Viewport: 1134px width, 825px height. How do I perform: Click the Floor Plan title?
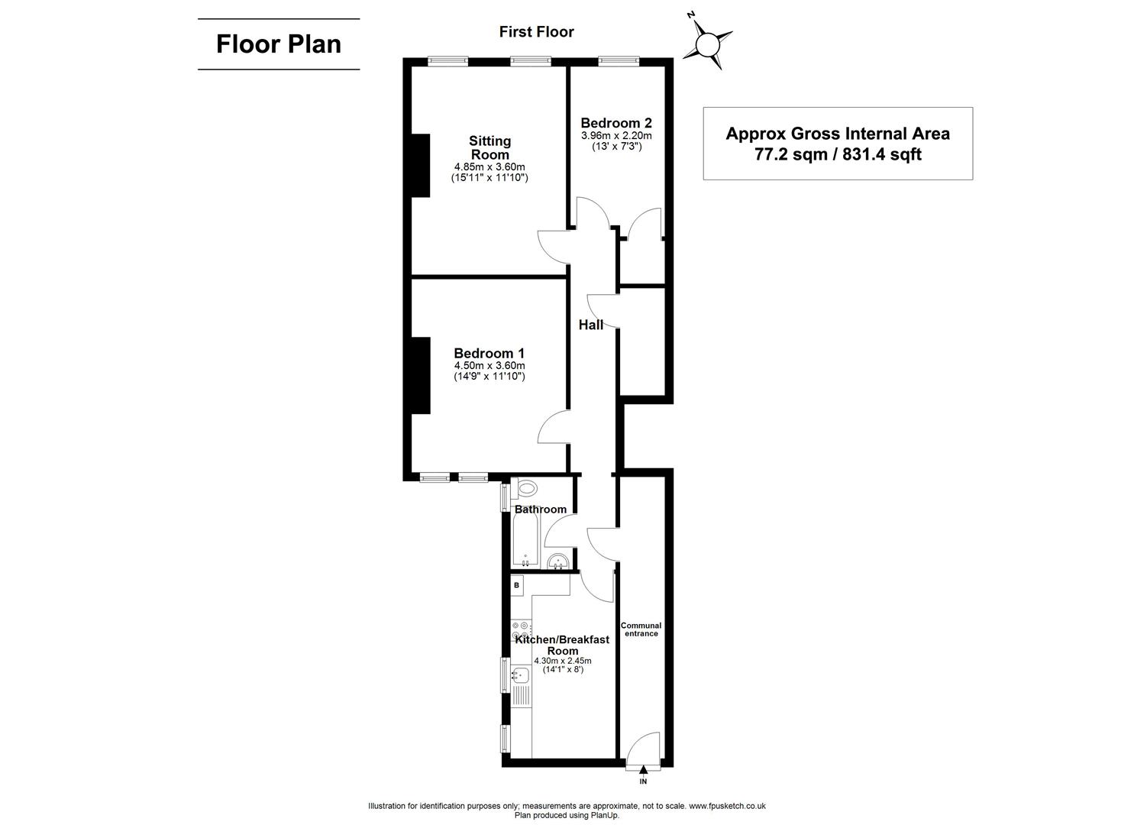click(x=279, y=44)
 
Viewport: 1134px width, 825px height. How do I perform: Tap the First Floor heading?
click(x=536, y=31)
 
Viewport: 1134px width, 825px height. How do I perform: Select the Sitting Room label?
click(x=489, y=147)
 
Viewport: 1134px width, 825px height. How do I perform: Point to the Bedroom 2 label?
click(x=616, y=123)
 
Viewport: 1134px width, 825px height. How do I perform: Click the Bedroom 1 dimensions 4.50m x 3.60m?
click(x=489, y=365)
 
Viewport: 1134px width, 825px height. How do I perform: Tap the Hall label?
click(x=591, y=325)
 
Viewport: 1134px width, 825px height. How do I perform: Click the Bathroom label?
click(x=541, y=510)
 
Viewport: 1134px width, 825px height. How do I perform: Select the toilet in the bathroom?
click(x=526, y=488)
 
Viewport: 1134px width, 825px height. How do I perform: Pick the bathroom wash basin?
click(x=560, y=562)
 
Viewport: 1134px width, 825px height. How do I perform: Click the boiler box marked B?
click(x=517, y=586)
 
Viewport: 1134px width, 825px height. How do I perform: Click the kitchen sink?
click(x=521, y=675)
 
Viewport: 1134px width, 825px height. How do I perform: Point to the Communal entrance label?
click(x=641, y=629)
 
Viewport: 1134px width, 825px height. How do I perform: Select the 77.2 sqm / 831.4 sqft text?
click(x=838, y=154)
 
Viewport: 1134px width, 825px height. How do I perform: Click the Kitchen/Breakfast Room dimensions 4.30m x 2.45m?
click(x=563, y=661)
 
